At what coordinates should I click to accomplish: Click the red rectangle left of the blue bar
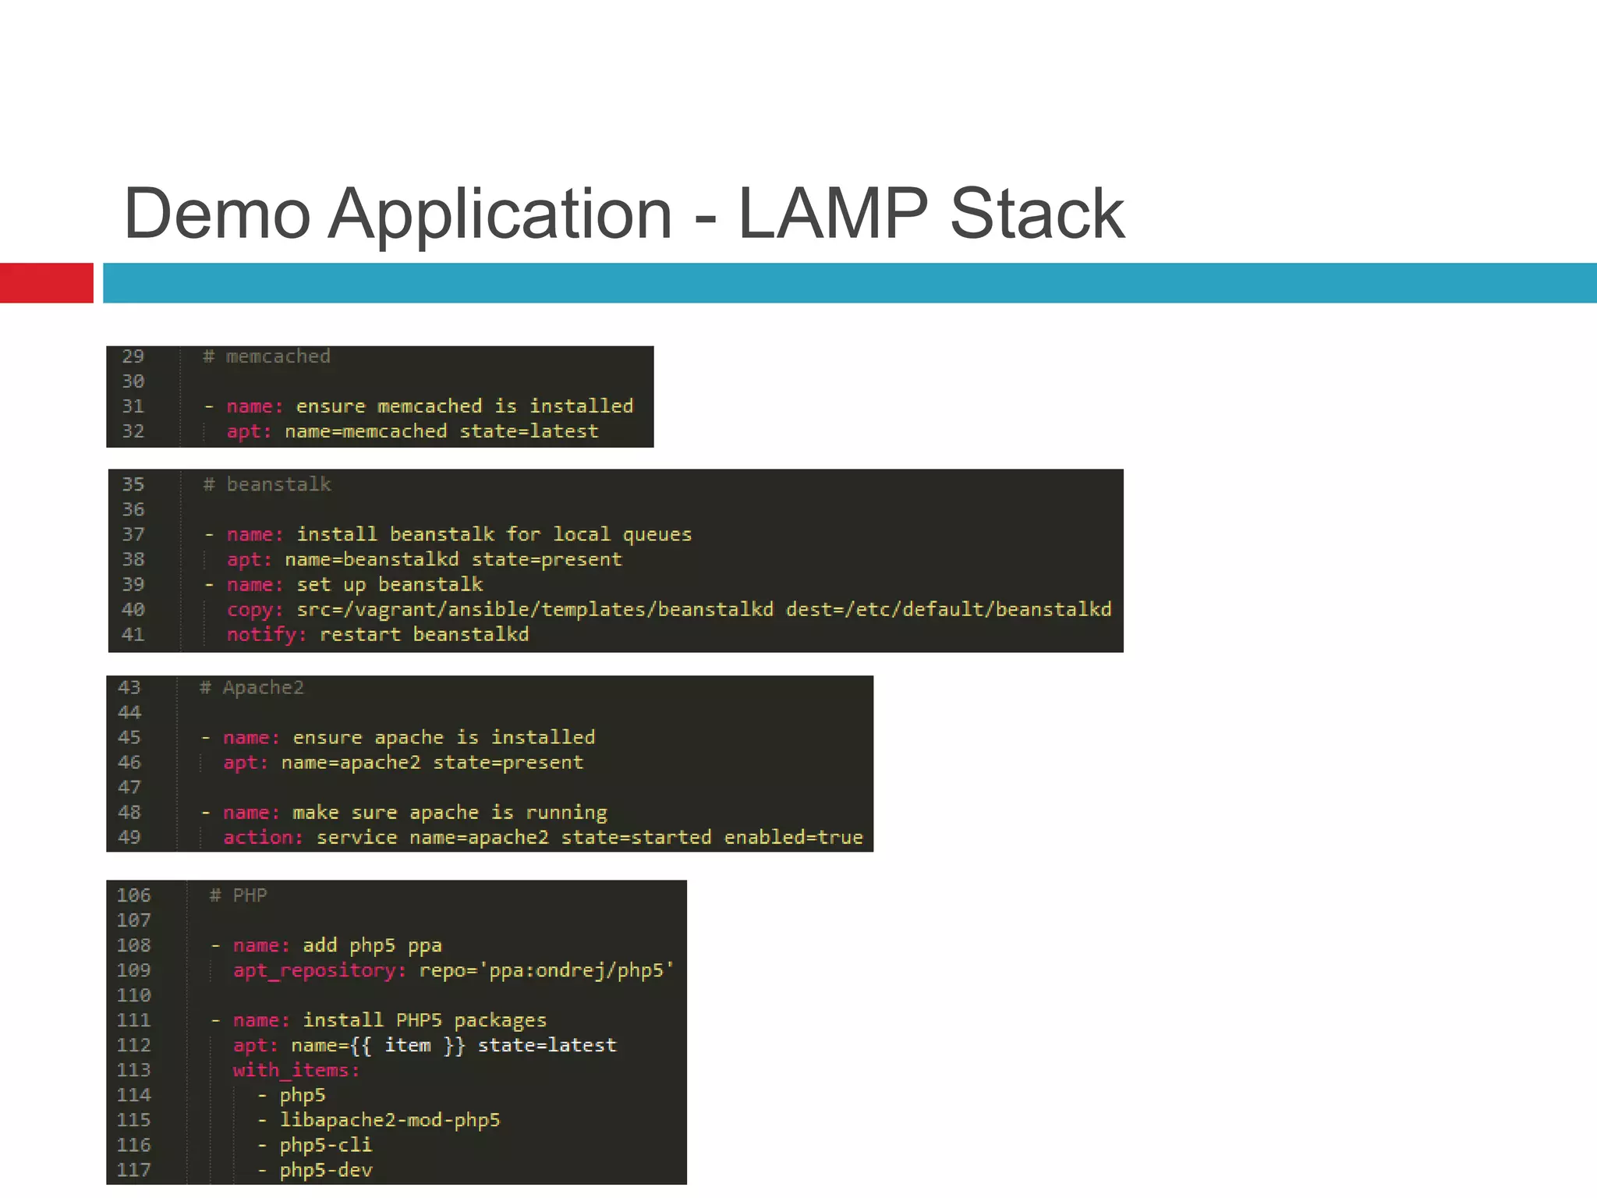point(46,283)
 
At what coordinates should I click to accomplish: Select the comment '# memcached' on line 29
point(267,356)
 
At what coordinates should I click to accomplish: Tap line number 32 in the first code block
point(133,431)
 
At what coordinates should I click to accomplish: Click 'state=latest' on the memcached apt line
point(529,431)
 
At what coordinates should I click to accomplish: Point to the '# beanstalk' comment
point(267,484)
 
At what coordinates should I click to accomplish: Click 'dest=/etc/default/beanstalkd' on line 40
point(948,609)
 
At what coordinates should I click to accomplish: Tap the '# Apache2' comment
point(252,688)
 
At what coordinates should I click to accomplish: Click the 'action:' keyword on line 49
point(263,838)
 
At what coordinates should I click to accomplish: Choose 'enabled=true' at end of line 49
point(793,838)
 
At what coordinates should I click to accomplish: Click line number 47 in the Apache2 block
point(129,788)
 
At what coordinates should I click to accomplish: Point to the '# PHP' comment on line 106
point(239,895)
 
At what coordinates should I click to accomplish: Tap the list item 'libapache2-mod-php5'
point(390,1120)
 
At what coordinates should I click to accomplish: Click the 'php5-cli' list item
point(326,1145)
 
